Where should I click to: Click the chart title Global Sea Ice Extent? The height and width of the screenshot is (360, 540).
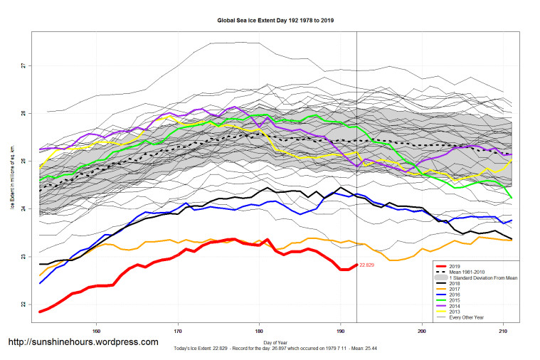[x=275, y=21]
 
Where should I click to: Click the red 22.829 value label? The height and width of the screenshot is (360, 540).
[x=366, y=265]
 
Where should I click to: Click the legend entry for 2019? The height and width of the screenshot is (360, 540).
[x=470, y=265]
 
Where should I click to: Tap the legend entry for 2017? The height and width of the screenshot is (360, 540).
[x=470, y=287]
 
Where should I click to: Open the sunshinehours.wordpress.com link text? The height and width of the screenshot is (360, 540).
[x=83, y=342]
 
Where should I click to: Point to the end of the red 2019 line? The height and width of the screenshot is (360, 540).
[x=356, y=265]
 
